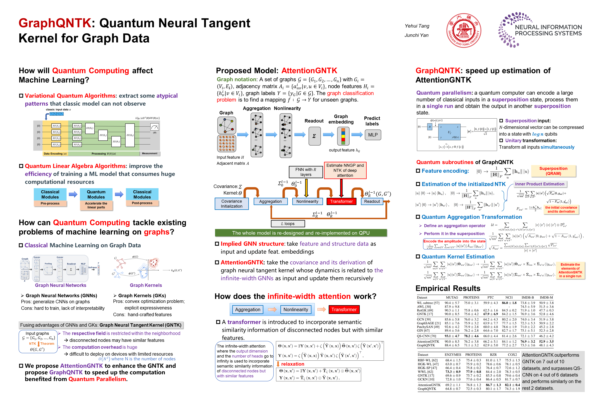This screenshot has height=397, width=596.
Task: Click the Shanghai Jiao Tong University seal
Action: click(464, 30)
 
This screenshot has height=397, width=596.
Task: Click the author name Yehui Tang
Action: click(417, 26)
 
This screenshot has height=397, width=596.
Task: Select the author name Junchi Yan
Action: click(416, 35)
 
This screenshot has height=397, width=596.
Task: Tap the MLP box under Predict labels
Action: click(373, 135)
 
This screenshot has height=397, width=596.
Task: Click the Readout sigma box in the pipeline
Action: click(315, 136)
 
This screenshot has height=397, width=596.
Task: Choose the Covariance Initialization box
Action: click(231, 203)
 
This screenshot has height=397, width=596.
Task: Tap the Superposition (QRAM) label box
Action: click(553, 171)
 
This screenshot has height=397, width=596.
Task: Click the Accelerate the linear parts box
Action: click(96, 205)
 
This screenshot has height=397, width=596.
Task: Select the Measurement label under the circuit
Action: click(150, 153)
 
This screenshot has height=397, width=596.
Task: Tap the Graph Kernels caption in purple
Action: click(146, 285)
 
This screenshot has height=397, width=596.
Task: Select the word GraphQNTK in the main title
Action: click(55, 23)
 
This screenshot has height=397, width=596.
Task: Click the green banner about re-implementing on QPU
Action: click(301, 233)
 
